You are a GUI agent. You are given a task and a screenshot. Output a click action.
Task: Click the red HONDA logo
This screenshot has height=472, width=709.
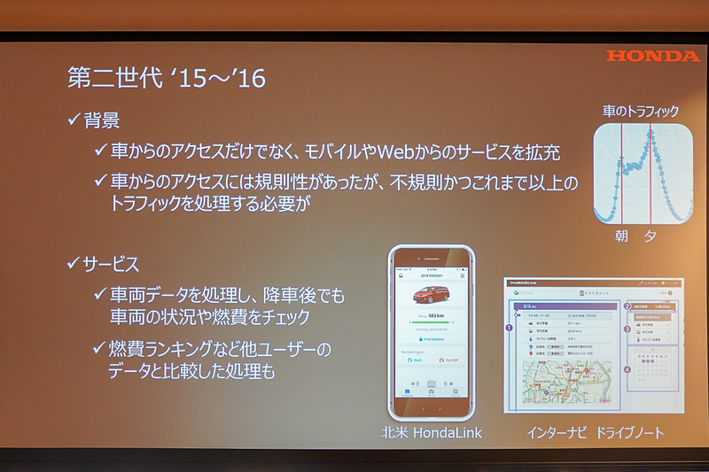coord(653,56)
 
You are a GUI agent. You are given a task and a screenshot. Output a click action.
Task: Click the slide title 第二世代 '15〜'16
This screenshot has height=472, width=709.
coord(167,79)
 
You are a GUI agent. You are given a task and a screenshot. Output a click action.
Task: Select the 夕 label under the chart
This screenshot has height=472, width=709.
coord(651,237)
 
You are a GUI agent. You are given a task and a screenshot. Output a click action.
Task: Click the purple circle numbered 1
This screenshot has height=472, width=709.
coord(509,327)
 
